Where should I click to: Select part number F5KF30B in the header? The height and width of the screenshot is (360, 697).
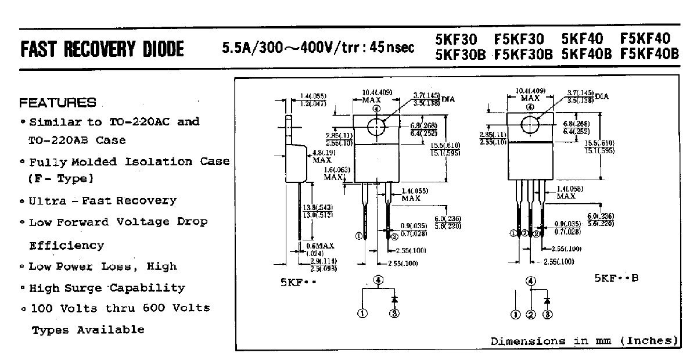coord(523,54)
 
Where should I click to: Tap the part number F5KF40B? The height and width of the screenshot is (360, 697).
coord(649,54)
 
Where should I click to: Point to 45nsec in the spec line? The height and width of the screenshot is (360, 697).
coord(392,47)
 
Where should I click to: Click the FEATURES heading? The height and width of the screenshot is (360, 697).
coord(58,103)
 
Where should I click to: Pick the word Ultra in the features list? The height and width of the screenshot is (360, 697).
coord(45,201)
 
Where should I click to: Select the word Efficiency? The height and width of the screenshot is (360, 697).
coord(66,246)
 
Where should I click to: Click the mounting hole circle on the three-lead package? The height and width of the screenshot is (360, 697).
coord(530,124)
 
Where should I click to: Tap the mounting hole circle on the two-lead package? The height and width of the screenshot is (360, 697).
coord(376,125)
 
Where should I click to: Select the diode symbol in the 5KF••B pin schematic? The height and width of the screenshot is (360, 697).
coord(547,300)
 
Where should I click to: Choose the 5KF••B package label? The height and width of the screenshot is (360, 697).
coord(616,278)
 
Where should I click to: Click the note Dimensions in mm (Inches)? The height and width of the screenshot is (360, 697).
coord(584,341)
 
